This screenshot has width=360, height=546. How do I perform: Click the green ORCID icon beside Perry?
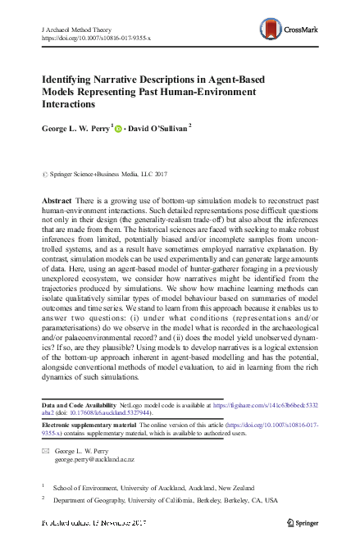[118, 128]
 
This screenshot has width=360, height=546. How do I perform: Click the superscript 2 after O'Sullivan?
[190, 125]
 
